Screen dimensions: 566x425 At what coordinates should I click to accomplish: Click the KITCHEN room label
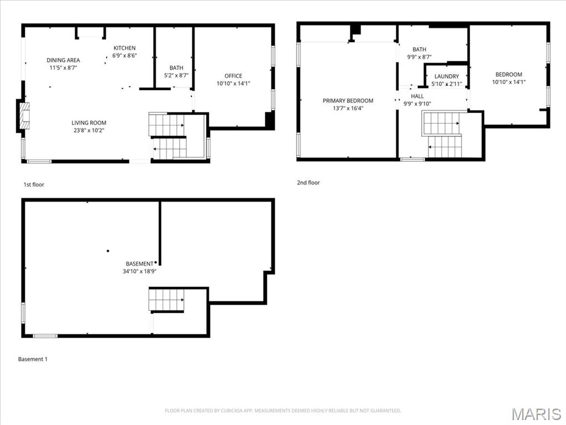tap(124, 48)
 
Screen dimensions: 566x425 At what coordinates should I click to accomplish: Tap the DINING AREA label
tap(63, 60)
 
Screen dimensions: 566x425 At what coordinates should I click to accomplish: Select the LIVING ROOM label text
tap(89, 123)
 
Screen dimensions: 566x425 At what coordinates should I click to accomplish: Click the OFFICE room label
tap(233, 76)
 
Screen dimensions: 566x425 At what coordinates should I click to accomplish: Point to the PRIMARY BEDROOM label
tap(348, 101)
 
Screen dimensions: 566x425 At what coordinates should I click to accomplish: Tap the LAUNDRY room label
tap(447, 76)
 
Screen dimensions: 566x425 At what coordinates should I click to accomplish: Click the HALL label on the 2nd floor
tap(417, 96)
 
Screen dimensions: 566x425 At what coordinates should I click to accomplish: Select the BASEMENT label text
tap(139, 264)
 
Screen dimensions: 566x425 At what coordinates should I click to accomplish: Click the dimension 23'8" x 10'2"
tap(89, 131)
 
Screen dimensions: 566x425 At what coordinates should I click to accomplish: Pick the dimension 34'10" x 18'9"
tap(139, 271)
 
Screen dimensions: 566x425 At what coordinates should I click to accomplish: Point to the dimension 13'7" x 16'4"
tap(348, 108)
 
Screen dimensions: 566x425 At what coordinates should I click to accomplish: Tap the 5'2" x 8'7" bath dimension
tap(176, 75)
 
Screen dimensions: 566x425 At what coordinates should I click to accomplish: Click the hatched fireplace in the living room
tap(24, 116)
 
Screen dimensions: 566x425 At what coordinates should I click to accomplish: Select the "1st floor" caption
tap(34, 185)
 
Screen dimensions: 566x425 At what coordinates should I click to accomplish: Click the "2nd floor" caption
tap(308, 183)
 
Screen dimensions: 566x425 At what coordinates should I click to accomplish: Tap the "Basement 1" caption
tap(33, 359)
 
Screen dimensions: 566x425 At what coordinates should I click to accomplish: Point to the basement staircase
tap(166, 299)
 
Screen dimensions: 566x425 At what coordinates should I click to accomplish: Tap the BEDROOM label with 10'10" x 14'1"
tap(509, 75)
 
